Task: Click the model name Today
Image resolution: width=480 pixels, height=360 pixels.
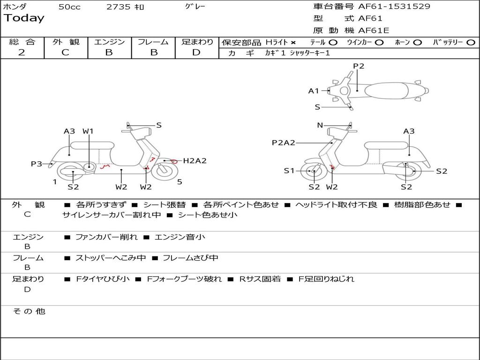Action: (24, 18)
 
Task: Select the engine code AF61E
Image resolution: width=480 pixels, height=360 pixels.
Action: (374, 30)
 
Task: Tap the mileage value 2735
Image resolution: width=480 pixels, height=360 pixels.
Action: (119, 7)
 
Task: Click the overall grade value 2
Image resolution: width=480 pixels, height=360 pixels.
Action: (22, 52)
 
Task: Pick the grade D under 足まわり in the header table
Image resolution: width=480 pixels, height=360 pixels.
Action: (196, 52)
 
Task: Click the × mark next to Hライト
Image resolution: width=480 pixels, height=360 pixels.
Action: (293, 43)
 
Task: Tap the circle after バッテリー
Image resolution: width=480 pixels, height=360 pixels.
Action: (471, 43)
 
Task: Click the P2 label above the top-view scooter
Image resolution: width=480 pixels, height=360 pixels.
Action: (359, 66)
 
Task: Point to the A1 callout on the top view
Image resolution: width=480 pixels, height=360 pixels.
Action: (314, 91)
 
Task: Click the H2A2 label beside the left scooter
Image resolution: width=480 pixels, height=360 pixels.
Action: (195, 160)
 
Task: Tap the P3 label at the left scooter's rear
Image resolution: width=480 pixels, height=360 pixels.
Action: (37, 164)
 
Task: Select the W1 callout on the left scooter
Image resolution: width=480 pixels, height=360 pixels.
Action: (88, 131)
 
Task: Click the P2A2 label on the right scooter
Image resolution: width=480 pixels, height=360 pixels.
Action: (284, 142)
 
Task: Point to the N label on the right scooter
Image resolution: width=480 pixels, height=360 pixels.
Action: (320, 125)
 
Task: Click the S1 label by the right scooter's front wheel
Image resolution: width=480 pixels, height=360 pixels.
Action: (289, 171)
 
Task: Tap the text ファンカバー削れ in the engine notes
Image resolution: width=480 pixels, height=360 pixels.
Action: (106, 237)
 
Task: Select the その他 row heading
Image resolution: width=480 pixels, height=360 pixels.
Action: (29, 311)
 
